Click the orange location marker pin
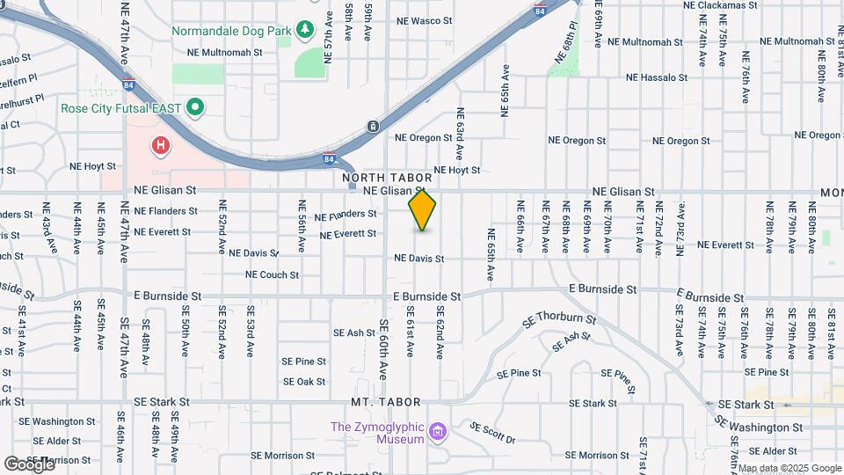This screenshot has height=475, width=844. [x=422, y=210]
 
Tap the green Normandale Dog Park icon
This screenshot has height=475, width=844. [x=304, y=31]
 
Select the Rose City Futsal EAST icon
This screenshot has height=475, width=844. [x=195, y=108]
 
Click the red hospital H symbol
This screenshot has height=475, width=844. [x=161, y=146]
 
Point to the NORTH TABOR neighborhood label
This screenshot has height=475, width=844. [x=387, y=178]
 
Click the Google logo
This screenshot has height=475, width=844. [x=29, y=464]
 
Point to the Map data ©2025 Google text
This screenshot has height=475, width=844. [x=789, y=468]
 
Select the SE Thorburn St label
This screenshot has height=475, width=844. [x=559, y=323]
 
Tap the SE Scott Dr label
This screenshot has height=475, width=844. [x=492, y=432]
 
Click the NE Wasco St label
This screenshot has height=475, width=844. [x=426, y=20]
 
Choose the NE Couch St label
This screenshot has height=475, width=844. [x=273, y=274]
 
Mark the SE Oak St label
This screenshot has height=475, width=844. [x=304, y=382]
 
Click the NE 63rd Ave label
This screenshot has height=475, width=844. [x=460, y=133]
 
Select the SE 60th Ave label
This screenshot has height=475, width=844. [x=384, y=348]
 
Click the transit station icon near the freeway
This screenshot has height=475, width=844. [x=373, y=126]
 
